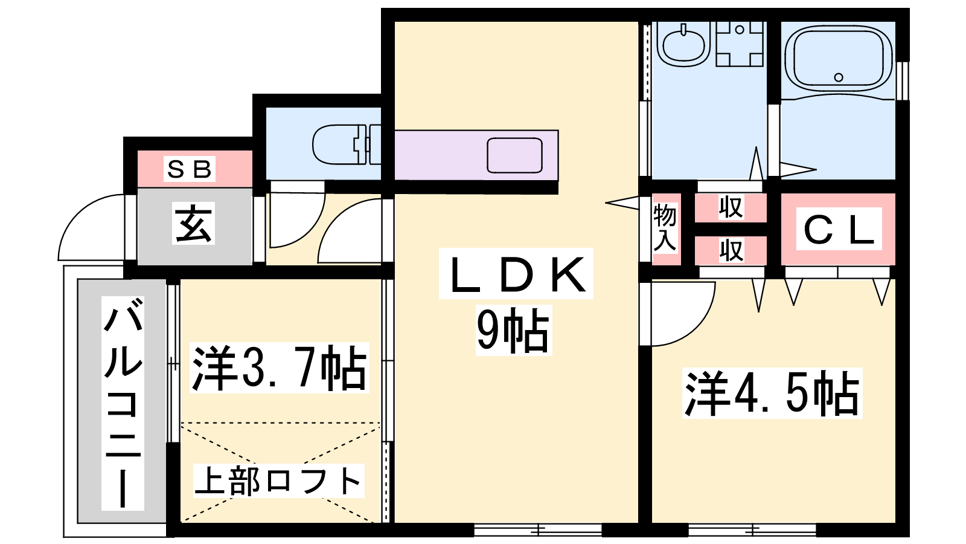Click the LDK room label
coord(516,274)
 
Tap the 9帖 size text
coord(513,330)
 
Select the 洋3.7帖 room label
coord(280,368)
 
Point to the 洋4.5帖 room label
coord(772,393)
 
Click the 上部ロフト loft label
coord(278,481)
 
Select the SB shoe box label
coord(190,169)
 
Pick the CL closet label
coord(839,229)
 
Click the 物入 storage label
coord(665,228)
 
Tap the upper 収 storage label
coord(731,207)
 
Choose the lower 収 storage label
coord(731,250)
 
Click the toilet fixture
coord(347,144)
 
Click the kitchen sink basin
coord(514,155)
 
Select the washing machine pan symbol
coord(740,44)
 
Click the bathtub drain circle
coord(839,78)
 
